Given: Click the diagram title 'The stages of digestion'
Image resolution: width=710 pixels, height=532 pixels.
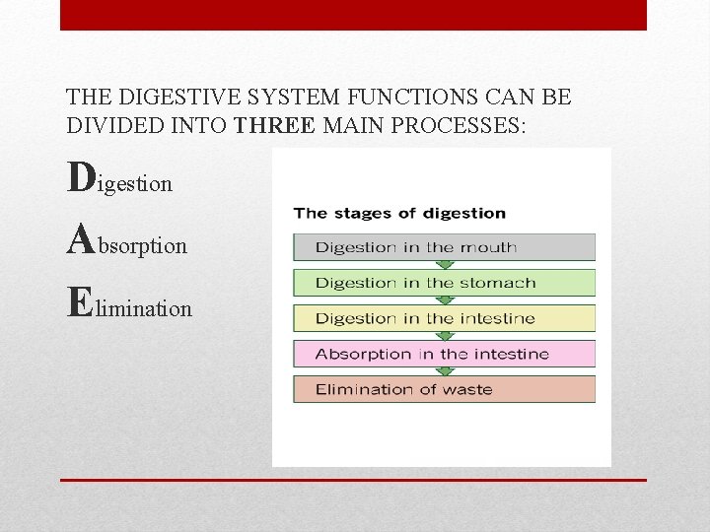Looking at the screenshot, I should coord(399,213).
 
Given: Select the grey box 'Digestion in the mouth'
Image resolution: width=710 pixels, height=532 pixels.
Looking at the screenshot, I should coord(444,247).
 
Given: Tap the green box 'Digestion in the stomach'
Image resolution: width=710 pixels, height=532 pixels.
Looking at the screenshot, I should coord(444,283).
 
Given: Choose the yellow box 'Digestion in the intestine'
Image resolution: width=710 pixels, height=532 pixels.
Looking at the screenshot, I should coord(444,318).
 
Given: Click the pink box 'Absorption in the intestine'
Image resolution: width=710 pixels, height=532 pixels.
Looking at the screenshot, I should coord(444,354).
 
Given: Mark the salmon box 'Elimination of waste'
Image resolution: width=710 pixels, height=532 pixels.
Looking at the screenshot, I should coord(444,389).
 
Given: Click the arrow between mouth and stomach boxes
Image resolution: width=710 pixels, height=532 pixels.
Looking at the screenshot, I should coord(445,265).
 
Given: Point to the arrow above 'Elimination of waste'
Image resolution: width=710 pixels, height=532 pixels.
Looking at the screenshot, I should coord(445,371).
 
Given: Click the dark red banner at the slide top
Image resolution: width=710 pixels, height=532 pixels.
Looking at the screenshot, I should coord(353,15).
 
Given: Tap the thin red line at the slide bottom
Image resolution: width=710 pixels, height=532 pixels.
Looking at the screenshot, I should coord(353,480).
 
